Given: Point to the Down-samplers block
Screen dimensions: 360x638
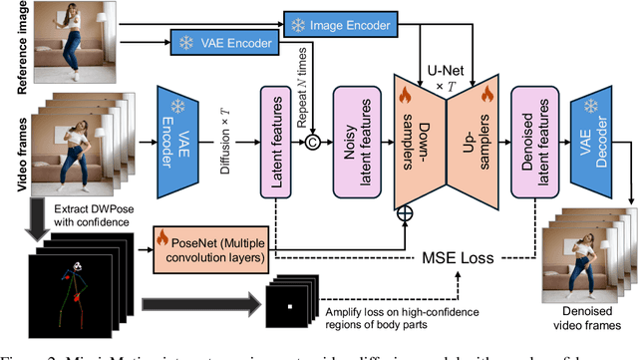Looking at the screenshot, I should pos(424,136).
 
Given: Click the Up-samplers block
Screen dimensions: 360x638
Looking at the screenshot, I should pos(473,136).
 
